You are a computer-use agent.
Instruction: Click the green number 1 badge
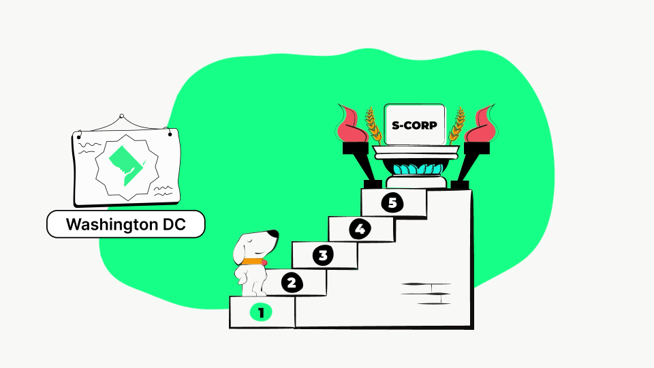pyautogui.click(x=261, y=312)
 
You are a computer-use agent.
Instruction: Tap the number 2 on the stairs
pyautogui.click(x=292, y=283)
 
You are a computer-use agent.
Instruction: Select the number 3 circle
pyautogui.click(x=323, y=255)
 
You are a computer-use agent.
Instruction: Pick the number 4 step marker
pyautogui.click(x=360, y=229)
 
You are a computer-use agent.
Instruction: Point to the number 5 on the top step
pyautogui.click(x=392, y=202)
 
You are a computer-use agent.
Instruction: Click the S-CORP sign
pyautogui.click(x=414, y=125)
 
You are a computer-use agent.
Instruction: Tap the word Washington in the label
pyautogui.click(x=111, y=225)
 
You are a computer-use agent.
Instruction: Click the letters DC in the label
pyautogui.click(x=174, y=224)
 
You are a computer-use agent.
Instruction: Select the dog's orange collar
pyautogui.click(x=253, y=262)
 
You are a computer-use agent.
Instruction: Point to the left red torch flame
pyautogui.click(x=352, y=123)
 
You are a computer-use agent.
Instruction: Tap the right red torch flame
pyautogui.click(x=481, y=123)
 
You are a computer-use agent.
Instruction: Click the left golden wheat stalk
pyautogui.click(x=373, y=126)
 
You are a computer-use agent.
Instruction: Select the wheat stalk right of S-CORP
pyautogui.click(x=456, y=126)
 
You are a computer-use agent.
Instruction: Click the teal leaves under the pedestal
pyautogui.click(x=418, y=169)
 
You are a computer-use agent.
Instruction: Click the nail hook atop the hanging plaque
pyautogui.click(x=122, y=117)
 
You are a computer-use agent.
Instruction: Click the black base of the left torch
pyautogui.click(x=373, y=185)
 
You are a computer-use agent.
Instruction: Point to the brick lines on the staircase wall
pyautogui.click(x=426, y=293)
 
